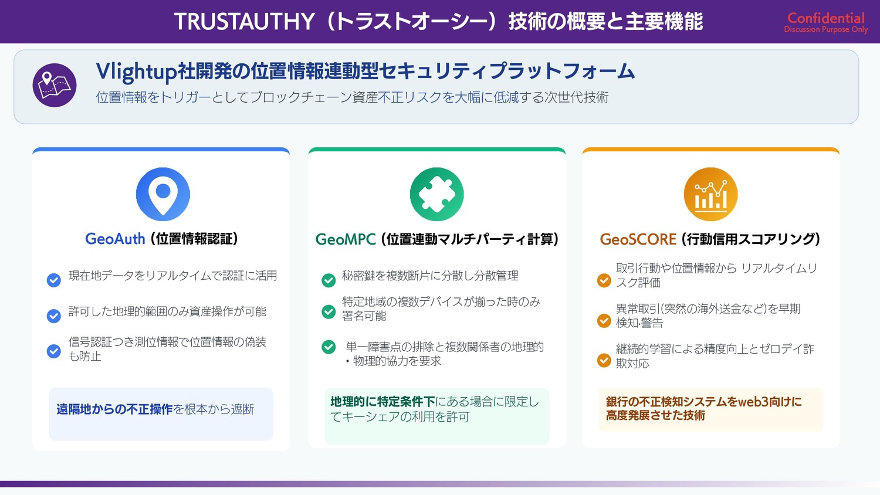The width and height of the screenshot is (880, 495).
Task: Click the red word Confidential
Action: tap(826, 18)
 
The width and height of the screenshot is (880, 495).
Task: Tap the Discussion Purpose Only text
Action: tap(826, 29)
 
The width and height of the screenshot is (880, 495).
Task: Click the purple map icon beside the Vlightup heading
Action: tap(54, 85)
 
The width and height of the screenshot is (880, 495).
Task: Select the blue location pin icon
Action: tap(163, 194)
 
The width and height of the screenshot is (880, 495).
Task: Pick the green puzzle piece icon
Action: tap(436, 194)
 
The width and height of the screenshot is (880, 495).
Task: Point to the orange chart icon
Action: tap(710, 194)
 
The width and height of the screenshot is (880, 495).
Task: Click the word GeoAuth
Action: tap(115, 239)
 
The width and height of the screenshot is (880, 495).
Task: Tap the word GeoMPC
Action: tap(346, 239)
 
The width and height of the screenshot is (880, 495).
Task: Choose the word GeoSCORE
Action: tap(638, 239)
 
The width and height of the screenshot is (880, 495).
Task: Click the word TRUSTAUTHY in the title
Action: tap(245, 21)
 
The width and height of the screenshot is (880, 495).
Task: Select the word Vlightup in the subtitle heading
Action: tap(136, 72)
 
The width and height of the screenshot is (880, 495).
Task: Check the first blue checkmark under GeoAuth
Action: tap(54, 280)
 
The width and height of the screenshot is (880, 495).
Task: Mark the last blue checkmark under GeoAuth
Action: tap(54, 351)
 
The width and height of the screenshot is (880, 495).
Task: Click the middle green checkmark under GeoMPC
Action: tap(329, 311)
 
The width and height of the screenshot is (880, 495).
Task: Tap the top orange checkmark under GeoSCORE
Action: tap(604, 280)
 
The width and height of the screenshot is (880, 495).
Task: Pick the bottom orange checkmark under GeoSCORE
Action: tap(604, 360)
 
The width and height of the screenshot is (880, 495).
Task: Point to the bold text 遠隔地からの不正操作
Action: tap(115, 409)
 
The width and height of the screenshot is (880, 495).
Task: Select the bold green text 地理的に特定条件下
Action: tap(383, 402)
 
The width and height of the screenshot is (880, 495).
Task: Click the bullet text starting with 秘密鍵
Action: tap(430, 276)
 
